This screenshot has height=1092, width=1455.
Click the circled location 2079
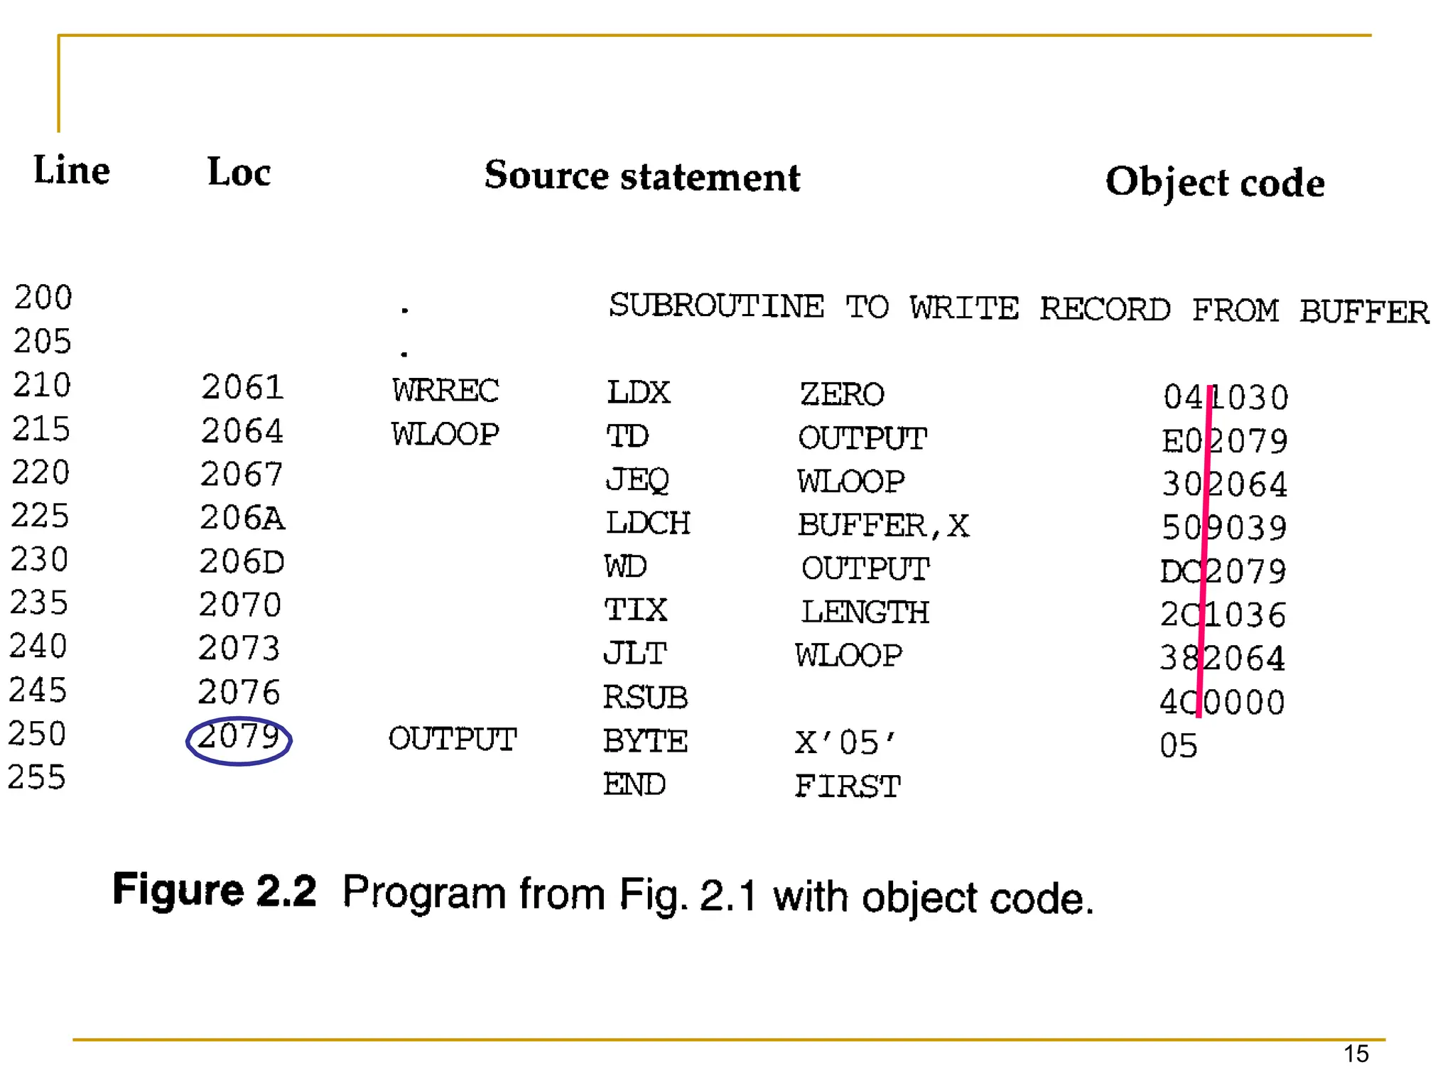(239, 738)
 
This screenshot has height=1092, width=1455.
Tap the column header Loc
(239, 173)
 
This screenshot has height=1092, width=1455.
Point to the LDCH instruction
(647, 524)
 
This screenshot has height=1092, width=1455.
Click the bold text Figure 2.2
(215, 890)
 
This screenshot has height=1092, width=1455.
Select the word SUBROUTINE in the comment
(716, 307)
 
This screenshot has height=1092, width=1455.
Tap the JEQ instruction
(637, 480)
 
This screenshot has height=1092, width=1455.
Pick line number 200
(43, 298)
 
